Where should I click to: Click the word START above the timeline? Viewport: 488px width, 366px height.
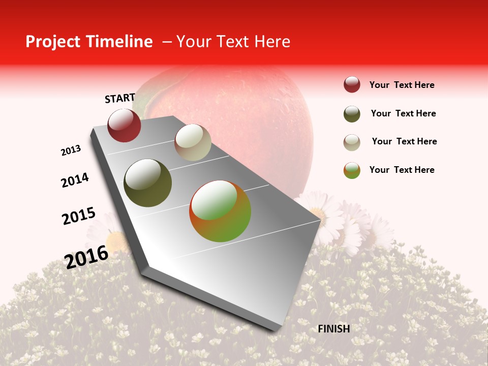tap(120, 98)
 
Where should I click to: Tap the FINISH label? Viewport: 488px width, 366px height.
tap(334, 329)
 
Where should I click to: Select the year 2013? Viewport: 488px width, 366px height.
tap(71, 150)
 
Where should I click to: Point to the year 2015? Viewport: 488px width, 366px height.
tap(79, 216)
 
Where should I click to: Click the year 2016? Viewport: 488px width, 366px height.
tap(87, 257)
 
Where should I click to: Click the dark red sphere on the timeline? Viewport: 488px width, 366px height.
tap(124, 126)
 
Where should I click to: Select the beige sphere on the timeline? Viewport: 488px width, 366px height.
tap(193, 142)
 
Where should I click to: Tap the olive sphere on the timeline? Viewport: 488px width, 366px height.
tap(148, 183)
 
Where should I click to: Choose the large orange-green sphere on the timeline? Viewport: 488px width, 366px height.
tap(220, 211)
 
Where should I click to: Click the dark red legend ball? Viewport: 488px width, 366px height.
tap(352, 85)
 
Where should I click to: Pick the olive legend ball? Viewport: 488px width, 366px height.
tap(352, 114)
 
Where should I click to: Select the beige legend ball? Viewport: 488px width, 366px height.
tap(352, 142)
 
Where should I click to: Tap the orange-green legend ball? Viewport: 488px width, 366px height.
tap(352, 170)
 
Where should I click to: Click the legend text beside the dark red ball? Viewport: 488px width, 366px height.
tap(402, 85)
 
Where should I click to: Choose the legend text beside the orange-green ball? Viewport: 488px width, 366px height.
tap(402, 170)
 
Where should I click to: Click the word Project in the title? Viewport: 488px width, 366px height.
tap(53, 42)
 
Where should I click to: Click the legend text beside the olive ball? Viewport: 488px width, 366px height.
tap(403, 113)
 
